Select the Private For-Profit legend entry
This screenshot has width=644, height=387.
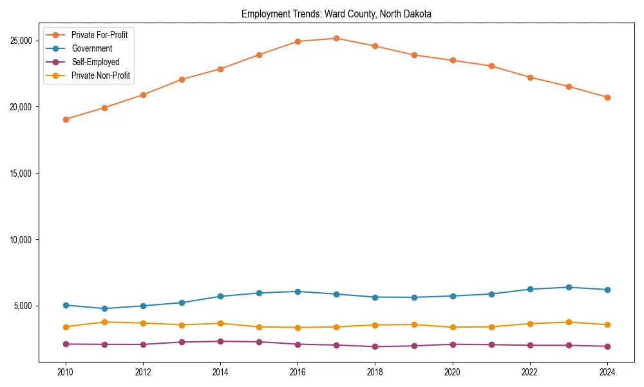(x=99, y=35)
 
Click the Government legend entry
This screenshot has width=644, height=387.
(x=91, y=48)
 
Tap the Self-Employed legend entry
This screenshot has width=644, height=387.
(x=95, y=62)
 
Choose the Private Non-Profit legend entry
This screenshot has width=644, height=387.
(x=100, y=75)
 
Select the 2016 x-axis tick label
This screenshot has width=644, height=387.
(x=298, y=372)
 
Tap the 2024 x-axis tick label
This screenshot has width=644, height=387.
(x=607, y=372)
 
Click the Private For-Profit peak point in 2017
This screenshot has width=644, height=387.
(x=336, y=38)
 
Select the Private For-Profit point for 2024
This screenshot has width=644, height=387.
(x=607, y=97)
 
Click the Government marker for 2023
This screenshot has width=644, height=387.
(x=569, y=287)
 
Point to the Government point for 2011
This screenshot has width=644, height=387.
(x=104, y=308)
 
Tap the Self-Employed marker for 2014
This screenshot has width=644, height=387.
(x=220, y=341)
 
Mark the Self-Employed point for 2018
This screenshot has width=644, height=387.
(x=375, y=346)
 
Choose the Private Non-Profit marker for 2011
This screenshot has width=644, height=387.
(x=104, y=322)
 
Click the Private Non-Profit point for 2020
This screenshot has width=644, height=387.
(x=453, y=327)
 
